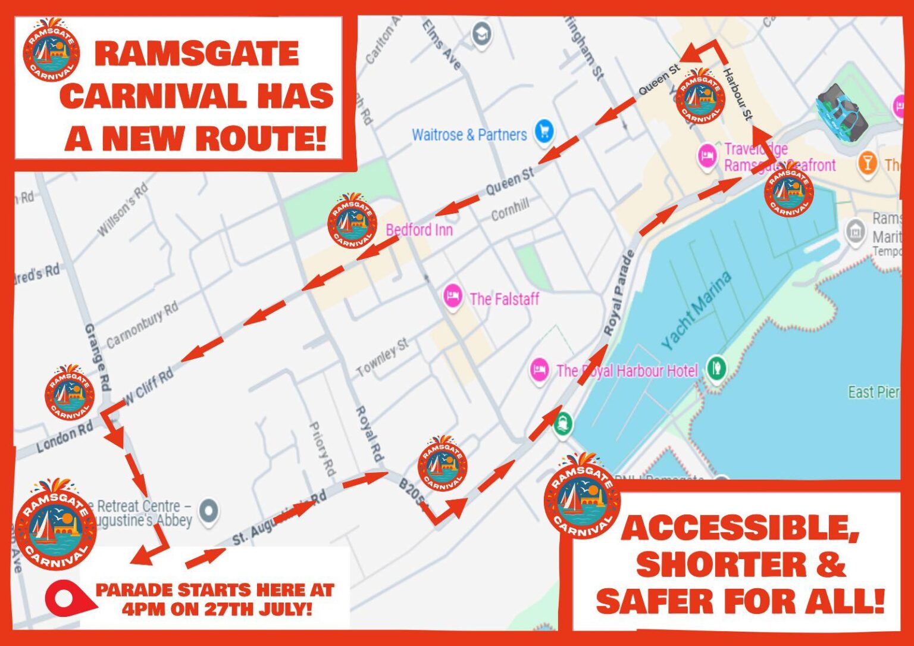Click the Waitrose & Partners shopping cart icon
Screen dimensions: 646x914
coord(544,132)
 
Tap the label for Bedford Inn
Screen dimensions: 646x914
coord(419,230)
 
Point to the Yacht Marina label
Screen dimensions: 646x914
coord(696,310)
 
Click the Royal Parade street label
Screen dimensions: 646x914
coord(619,293)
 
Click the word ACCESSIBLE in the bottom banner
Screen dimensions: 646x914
coord(740,528)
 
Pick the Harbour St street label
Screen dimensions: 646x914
coord(738,95)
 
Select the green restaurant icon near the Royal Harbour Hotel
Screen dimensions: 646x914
coord(716,368)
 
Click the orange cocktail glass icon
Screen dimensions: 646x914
coord(868,163)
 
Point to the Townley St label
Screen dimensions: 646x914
coord(383,357)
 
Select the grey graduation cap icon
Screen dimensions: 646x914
coord(481,33)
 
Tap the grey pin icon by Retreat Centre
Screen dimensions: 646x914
coord(208,511)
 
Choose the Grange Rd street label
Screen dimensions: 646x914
coord(97,357)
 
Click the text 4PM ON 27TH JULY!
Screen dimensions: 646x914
coord(217,609)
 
